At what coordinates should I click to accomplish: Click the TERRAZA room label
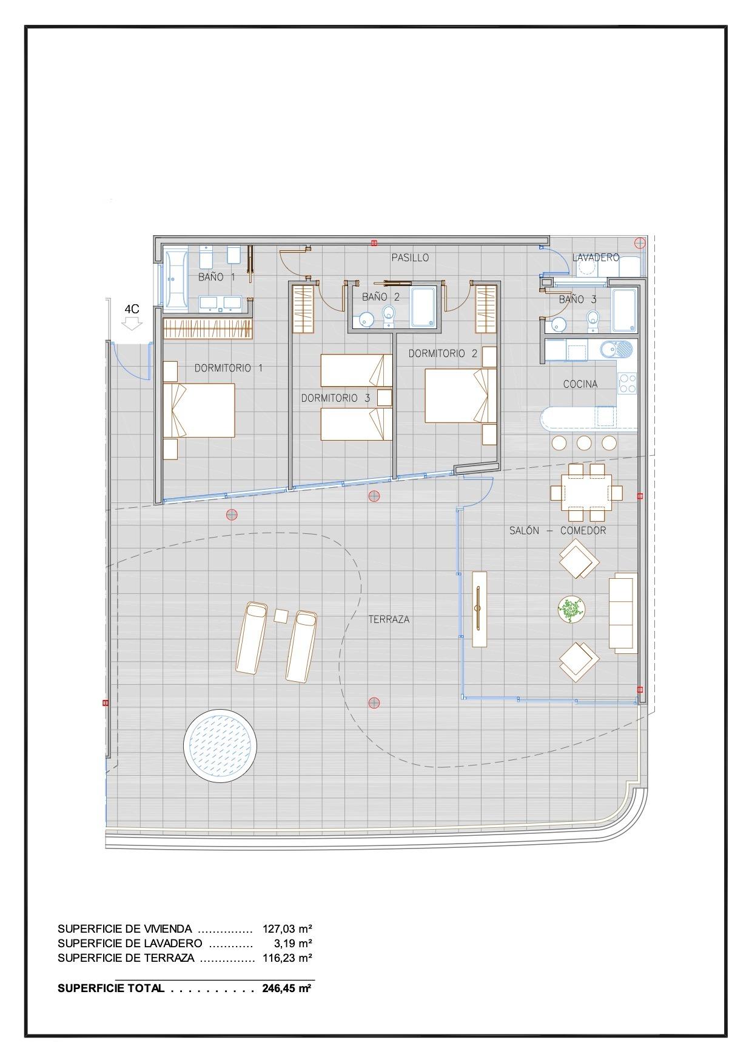(x=389, y=619)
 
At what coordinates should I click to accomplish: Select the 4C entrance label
(x=132, y=309)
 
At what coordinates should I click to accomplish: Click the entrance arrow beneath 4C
(x=132, y=324)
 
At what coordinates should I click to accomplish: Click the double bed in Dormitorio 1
(x=199, y=410)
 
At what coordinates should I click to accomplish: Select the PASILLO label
(x=410, y=258)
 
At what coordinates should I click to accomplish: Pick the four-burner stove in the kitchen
(x=628, y=382)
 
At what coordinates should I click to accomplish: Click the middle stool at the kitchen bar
(x=584, y=442)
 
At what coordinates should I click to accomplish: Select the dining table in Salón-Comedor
(x=586, y=492)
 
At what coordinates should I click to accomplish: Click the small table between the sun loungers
(x=281, y=616)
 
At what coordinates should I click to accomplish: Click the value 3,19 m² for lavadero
(x=293, y=944)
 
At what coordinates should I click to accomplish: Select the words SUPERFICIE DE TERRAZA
(x=126, y=958)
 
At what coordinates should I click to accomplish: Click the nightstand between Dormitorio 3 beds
(x=384, y=398)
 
